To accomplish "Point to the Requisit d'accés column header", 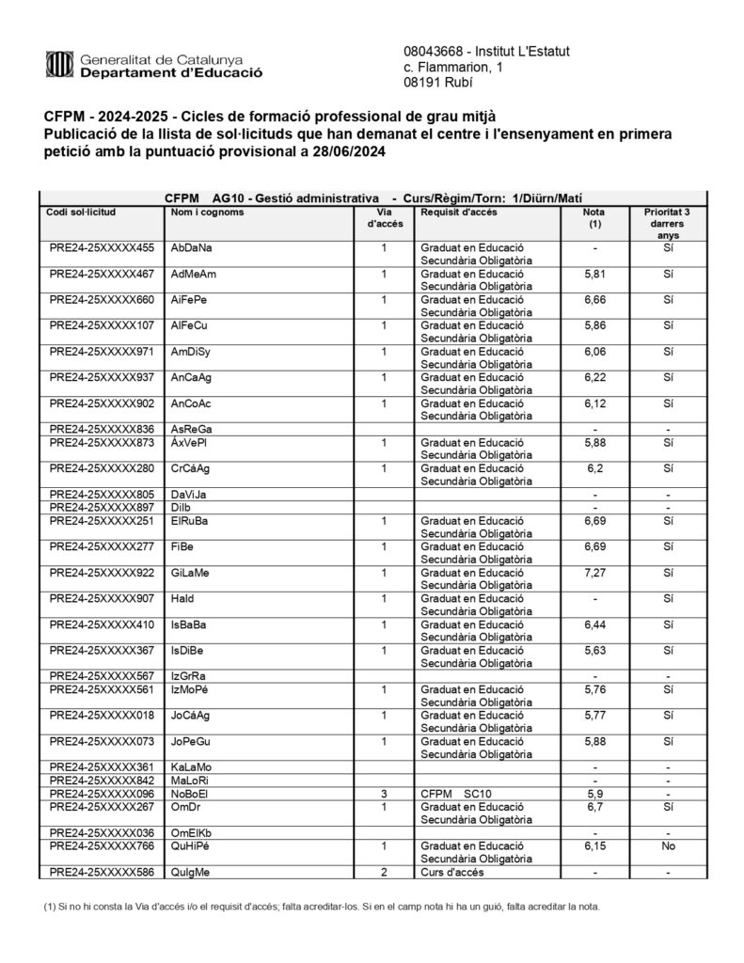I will point(459,212).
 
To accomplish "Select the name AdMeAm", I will point(194,274).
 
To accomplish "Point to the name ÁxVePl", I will point(191,441).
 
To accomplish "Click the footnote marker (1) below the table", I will point(51,907).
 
